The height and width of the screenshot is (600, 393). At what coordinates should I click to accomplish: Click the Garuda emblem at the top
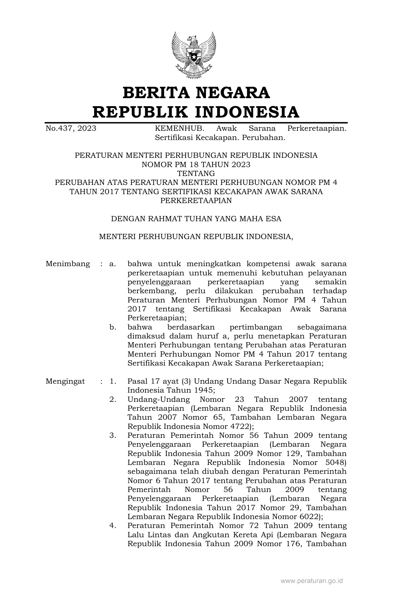coord(194,55)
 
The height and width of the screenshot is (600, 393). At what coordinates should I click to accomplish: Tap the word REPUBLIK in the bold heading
coord(137,112)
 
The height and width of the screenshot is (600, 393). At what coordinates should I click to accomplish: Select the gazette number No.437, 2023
coord(71,128)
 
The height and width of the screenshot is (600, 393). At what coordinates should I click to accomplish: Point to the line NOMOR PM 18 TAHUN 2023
coord(196,164)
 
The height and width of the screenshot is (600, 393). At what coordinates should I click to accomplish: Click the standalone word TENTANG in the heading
coord(196,173)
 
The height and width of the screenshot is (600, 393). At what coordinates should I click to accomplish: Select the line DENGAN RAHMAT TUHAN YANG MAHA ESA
coord(196,219)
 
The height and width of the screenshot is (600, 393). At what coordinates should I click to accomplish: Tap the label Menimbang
coord(68,264)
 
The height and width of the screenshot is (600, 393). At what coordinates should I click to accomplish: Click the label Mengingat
coord(65,381)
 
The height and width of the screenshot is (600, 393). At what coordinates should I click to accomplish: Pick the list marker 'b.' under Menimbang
coord(113,327)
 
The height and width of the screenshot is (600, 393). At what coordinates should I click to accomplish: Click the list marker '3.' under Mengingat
coord(113,435)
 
